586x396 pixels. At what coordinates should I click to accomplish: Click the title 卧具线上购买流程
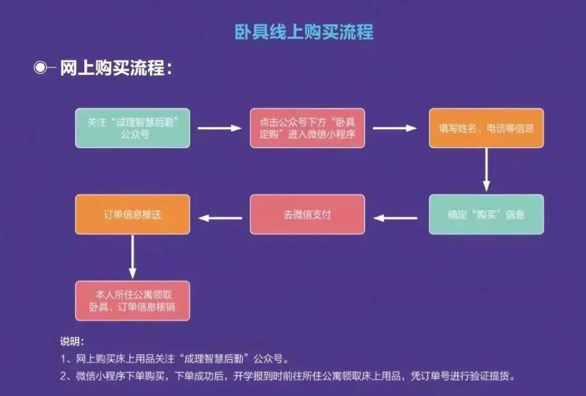point(304,32)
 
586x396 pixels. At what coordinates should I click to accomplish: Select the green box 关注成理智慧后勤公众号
point(133,128)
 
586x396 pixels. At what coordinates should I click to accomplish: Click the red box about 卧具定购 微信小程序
point(307,128)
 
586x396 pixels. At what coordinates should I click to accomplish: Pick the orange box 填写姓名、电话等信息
point(486,128)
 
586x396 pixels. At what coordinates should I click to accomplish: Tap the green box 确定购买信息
point(486,215)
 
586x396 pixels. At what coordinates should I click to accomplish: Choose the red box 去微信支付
point(307,215)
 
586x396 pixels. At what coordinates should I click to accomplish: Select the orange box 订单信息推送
point(133,215)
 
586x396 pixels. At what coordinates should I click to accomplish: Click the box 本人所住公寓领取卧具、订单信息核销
point(133,300)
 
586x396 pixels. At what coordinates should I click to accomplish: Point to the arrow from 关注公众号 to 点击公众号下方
point(219,128)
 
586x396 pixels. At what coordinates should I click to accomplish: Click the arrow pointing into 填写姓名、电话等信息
point(395,128)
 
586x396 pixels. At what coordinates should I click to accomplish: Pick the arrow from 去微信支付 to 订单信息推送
point(219,217)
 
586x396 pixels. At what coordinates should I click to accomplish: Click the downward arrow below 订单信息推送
point(132,257)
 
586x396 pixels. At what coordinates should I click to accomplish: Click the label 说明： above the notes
point(72,342)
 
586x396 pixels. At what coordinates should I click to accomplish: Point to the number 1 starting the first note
point(63,358)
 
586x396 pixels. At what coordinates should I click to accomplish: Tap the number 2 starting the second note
point(63,376)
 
